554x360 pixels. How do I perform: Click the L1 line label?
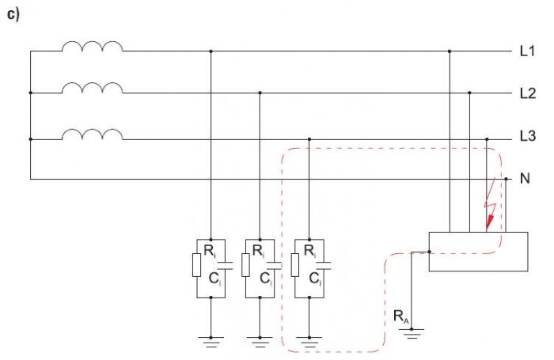(527, 51)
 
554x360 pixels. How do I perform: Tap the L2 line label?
(528, 93)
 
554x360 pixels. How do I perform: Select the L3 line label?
(528, 135)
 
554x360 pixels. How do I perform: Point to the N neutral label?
(525, 178)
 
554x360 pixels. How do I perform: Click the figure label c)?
(13, 14)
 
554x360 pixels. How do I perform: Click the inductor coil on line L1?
(93, 46)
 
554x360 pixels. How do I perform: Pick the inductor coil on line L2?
(93, 88)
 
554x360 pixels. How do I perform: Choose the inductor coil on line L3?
(93, 135)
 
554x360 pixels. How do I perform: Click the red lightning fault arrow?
(490, 205)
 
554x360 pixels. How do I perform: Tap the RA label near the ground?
(401, 316)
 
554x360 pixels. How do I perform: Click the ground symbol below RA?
(412, 333)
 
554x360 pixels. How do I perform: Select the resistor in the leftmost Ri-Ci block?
(197, 264)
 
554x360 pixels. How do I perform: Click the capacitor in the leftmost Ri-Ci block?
(225, 266)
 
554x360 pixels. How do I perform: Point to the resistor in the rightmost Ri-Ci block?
(295, 264)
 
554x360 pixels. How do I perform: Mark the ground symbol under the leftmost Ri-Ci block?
(211, 342)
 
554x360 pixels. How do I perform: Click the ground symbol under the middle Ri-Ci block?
(260, 342)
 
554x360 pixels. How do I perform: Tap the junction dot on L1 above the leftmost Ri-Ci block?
(211, 51)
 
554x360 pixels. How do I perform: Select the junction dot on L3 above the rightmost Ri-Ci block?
(309, 139)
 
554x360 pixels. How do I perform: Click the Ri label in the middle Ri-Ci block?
(258, 251)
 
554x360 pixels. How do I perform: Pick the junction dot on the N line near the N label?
(506, 179)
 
